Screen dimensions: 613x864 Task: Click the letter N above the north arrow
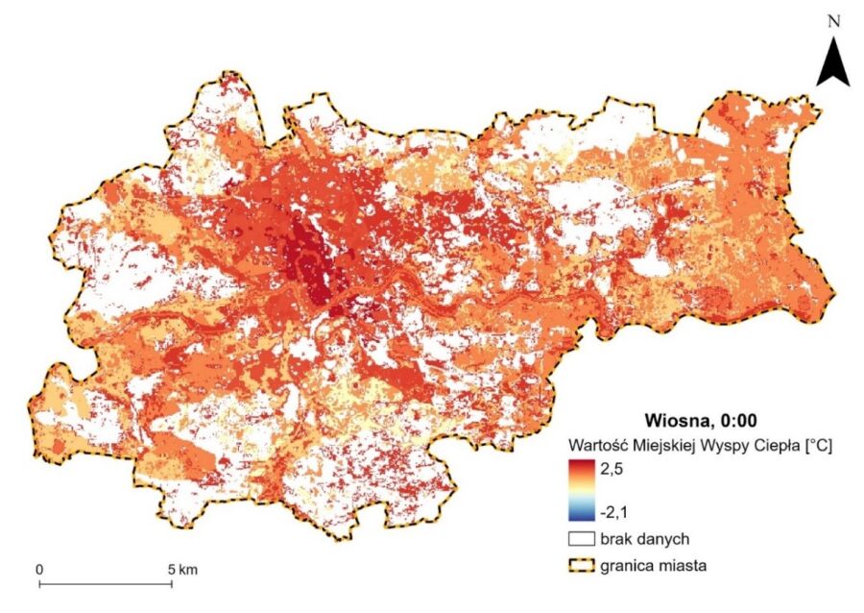[833, 18]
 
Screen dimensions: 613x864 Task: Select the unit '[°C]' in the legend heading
[816, 445]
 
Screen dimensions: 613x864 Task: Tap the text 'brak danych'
[644, 539]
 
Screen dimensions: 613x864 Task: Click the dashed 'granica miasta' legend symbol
[580, 566]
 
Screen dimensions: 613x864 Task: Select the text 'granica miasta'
[654, 566]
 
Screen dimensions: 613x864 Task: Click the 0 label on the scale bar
[39, 570]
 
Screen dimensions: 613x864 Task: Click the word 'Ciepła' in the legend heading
[774, 445]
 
